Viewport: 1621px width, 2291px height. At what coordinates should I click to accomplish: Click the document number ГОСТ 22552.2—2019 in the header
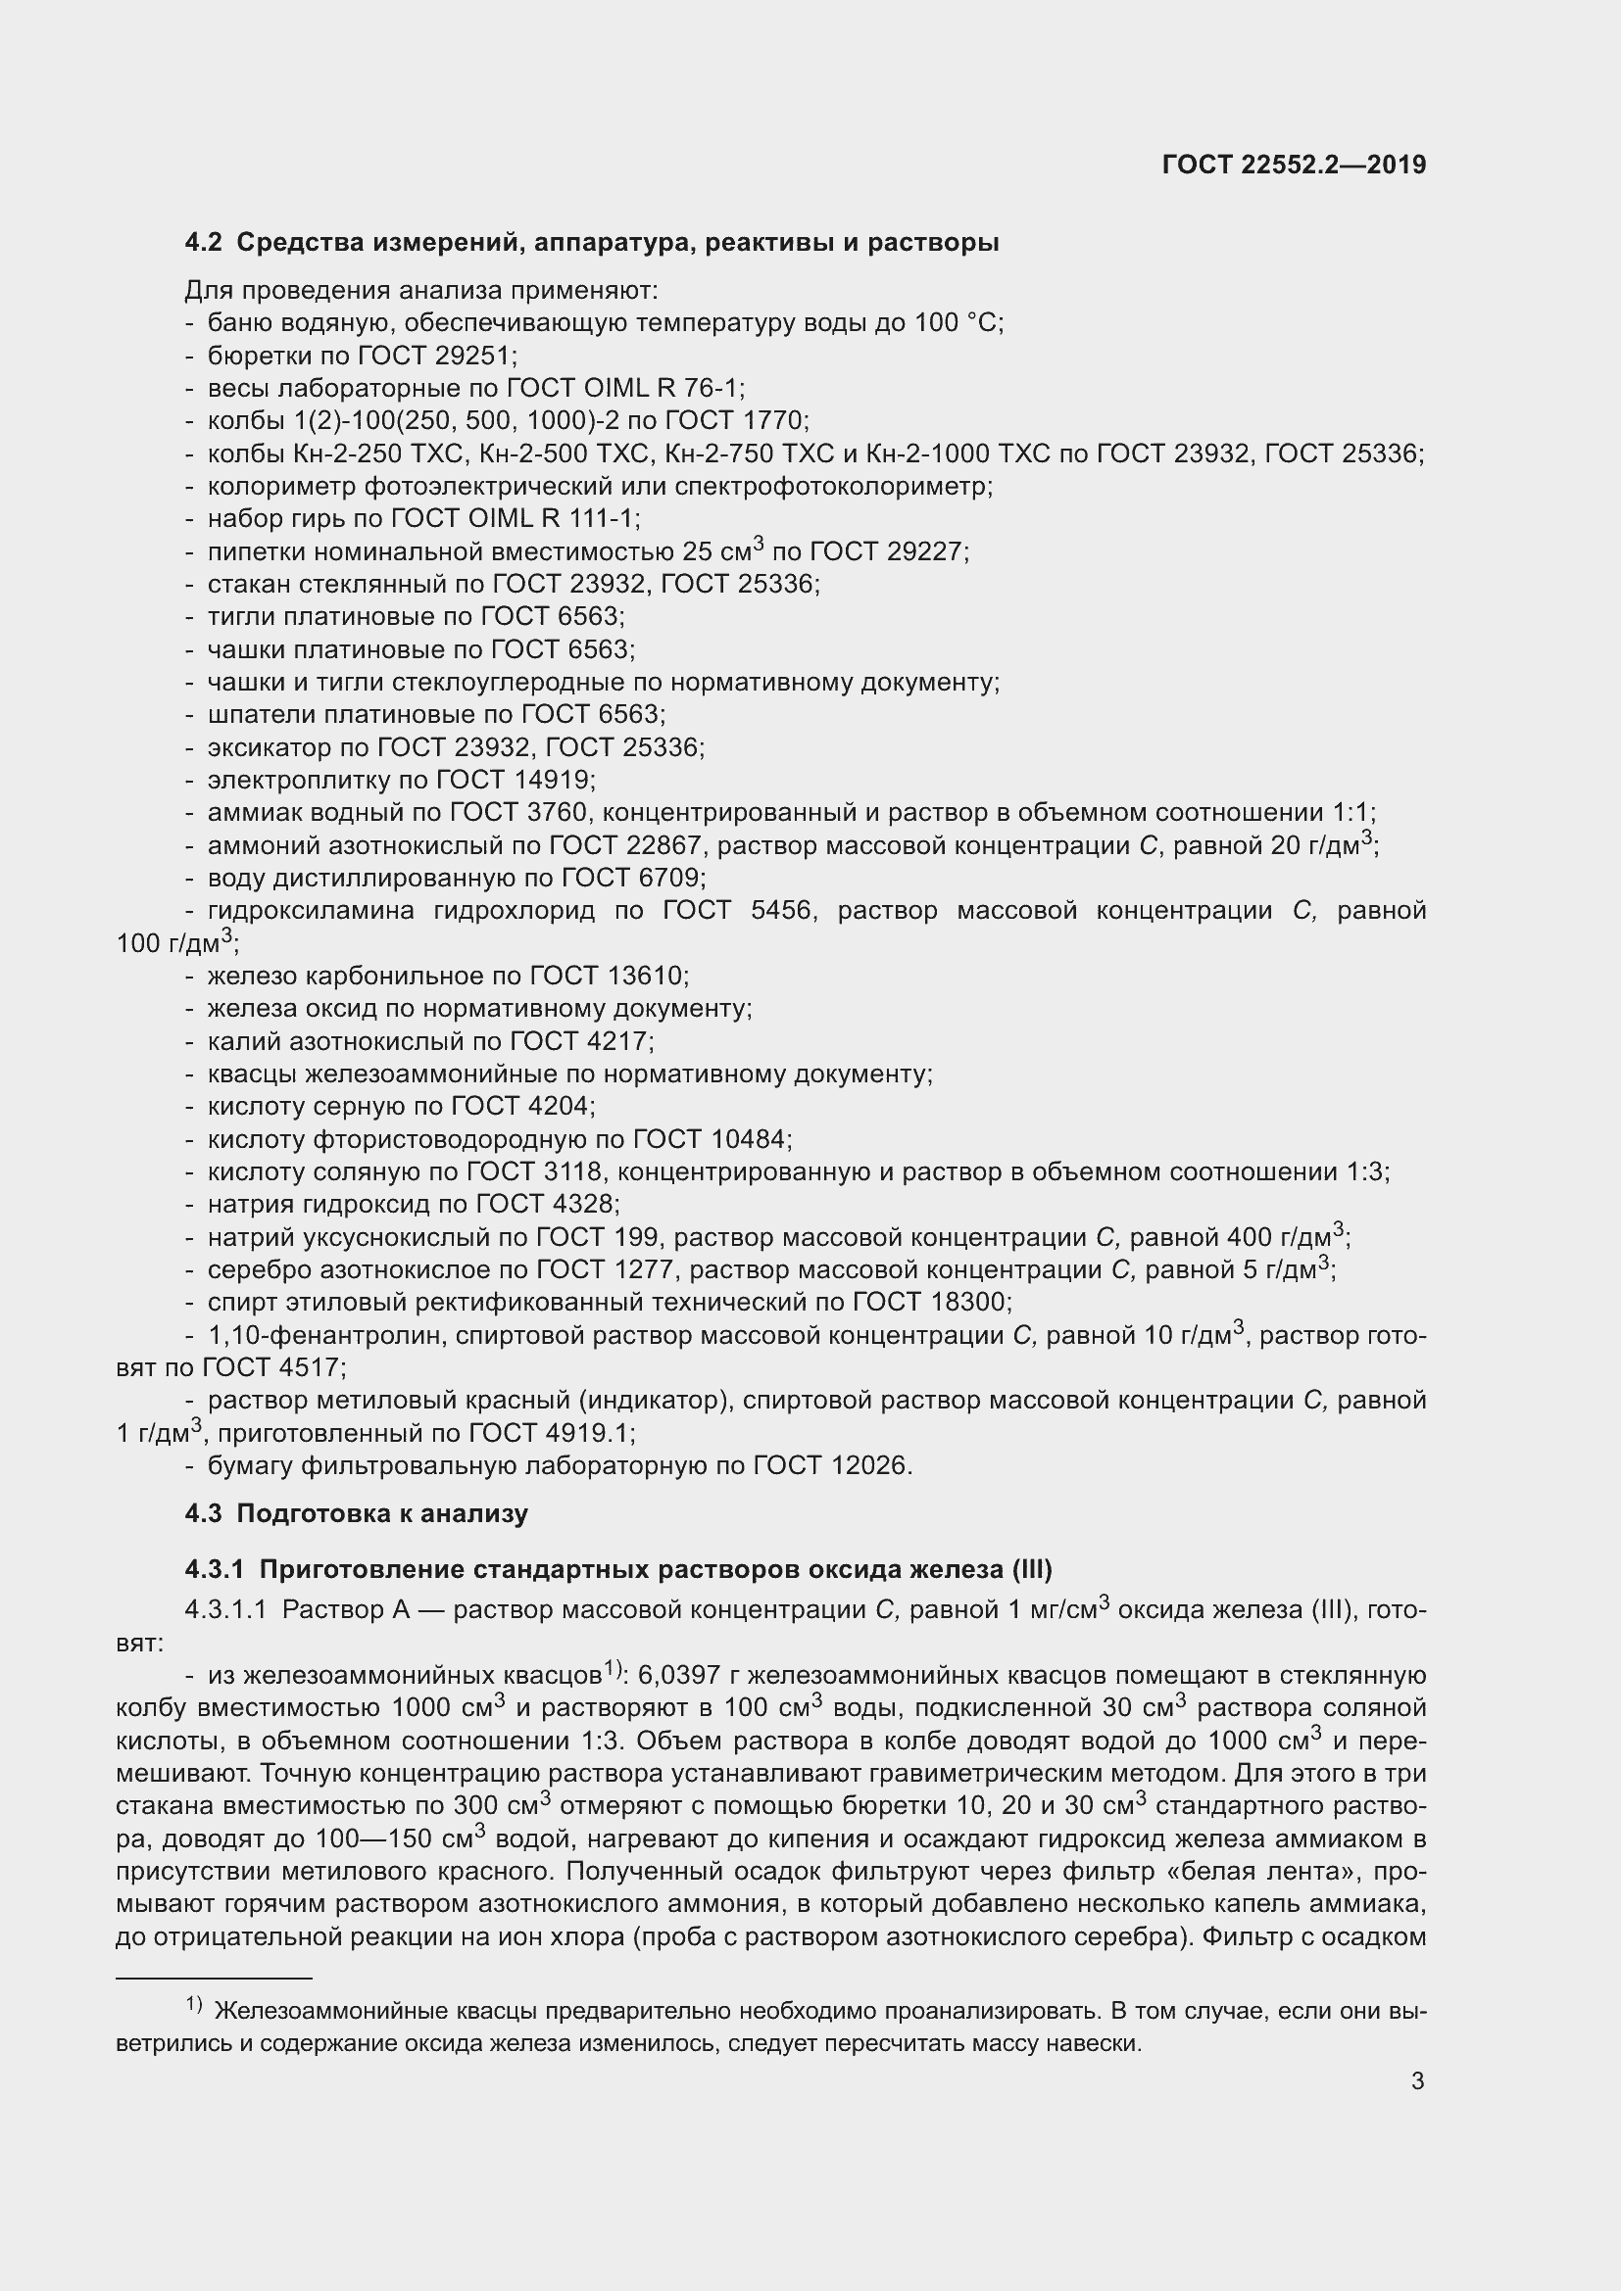coord(1294,166)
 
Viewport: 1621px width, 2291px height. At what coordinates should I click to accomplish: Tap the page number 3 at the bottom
coord(1417,2080)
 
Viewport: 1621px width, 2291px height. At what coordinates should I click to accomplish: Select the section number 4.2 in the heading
coord(203,243)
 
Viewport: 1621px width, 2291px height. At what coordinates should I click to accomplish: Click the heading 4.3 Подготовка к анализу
coord(357,1512)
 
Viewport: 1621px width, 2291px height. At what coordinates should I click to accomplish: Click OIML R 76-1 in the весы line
coord(660,388)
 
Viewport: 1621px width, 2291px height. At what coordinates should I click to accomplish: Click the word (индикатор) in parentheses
coord(662,1400)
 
